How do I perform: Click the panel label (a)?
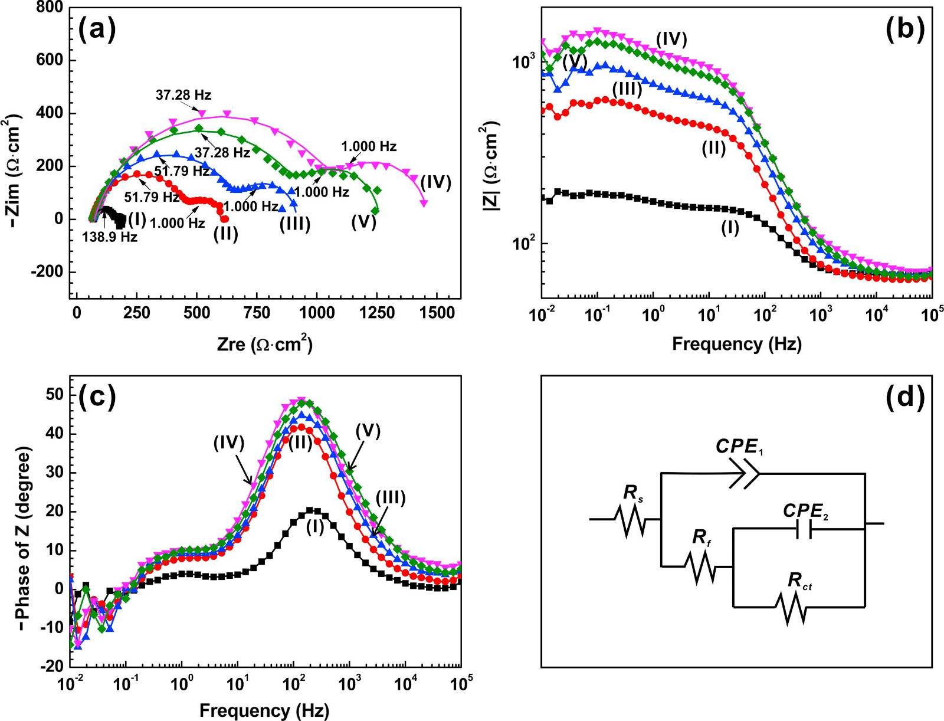[x=97, y=30]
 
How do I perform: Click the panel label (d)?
[x=904, y=397]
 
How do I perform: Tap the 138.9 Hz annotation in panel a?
[x=110, y=237]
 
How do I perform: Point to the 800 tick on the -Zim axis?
[x=50, y=8]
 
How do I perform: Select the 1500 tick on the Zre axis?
[x=437, y=313]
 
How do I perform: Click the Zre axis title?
[x=264, y=343]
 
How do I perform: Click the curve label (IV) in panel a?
[x=435, y=182]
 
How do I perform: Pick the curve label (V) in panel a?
[x=363, y=222]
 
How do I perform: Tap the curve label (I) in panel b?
[x=730, y=228]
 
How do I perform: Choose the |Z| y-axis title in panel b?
[x=491, y=166]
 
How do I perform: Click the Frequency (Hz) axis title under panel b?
[x=736, y=343]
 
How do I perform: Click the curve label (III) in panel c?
[x=391, y=498]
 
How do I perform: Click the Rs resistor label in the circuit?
[x=633, y=493]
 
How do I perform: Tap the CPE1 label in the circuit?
[x=740, y=447]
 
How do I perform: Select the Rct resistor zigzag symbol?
[x=792, y=608]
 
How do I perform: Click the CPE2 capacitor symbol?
[x=804, y=530]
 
